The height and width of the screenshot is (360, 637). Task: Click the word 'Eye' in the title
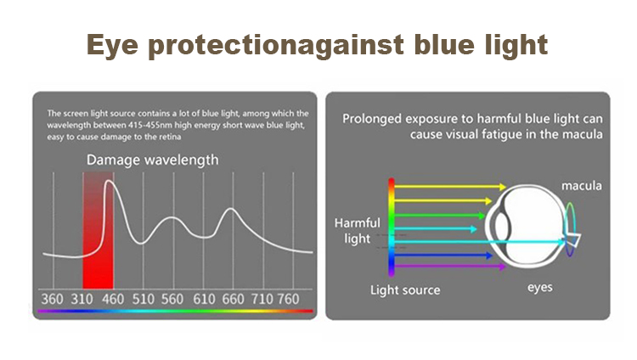coord(112,45)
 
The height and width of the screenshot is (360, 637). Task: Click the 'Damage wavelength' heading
coord(152,160)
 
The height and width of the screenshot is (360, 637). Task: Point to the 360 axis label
coord(52,299)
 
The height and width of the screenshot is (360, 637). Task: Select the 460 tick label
coord(112,299)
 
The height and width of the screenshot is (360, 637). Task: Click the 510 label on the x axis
coord(143,299)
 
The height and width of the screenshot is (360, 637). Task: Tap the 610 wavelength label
coord(204,299)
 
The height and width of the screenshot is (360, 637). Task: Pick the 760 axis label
coord(288,299)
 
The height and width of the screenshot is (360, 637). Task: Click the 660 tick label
coord(233,299)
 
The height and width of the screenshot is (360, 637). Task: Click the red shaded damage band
coord(98,230)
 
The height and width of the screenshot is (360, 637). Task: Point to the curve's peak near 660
coord(231,209)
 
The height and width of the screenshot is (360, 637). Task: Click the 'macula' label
coord(581,186)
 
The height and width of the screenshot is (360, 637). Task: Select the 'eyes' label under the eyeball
coord(540,288)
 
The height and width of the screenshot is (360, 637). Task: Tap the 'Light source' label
coord(405,290)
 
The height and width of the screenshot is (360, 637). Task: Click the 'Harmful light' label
coord(357,230)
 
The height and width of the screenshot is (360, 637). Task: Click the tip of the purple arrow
coord(505,267)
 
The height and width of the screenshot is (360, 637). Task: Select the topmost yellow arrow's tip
coord(505,187)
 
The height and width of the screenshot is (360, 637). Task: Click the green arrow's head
coord(484,216)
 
